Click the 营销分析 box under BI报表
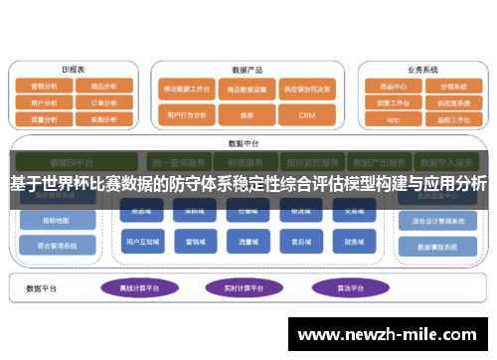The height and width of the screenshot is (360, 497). click(44, 87)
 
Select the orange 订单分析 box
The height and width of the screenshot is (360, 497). click(104, 101)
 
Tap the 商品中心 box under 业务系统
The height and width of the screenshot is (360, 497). click(393, 87)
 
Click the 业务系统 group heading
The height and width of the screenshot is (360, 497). click(422, 71)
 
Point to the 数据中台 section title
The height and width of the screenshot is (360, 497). click(244, 143)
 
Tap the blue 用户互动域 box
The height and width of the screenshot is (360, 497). click(137, 241)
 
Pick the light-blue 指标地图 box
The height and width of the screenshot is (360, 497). click(58, 221)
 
